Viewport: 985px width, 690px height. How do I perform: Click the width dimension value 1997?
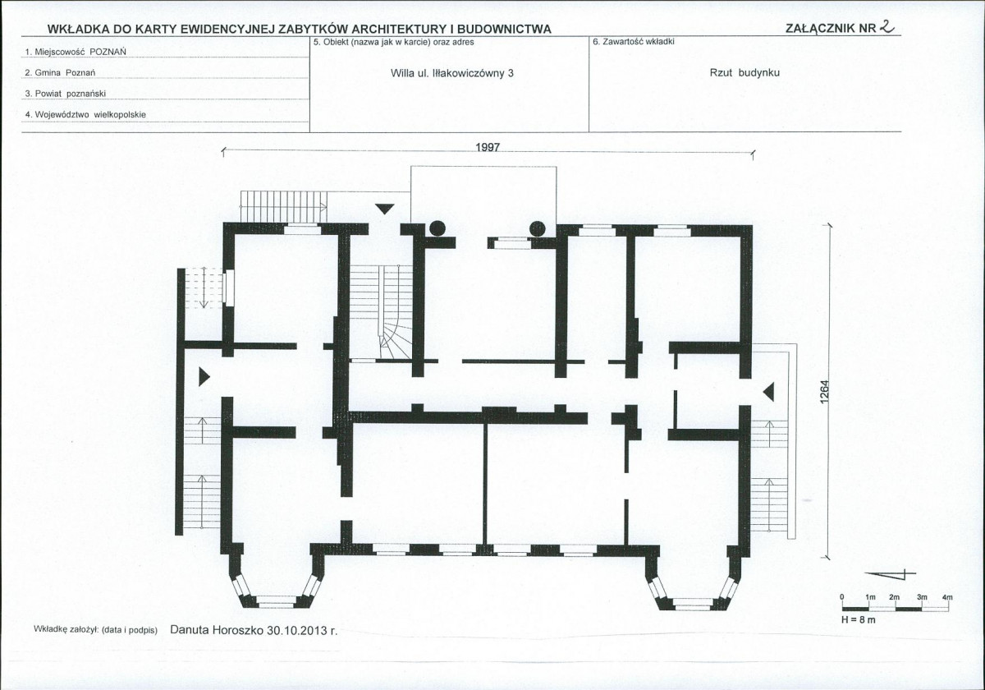click(488, 147)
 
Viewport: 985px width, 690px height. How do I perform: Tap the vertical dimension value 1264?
click(824, 391)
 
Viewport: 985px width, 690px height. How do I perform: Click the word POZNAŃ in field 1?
click(108, 52)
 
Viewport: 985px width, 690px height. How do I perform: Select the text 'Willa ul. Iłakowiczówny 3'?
click(452, 73)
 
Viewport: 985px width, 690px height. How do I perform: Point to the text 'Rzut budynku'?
click(744, 72)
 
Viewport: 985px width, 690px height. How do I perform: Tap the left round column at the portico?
click(438, 228)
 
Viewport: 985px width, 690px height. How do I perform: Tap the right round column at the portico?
click(538, 228)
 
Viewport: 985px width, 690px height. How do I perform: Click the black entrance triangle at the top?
click(385, 209)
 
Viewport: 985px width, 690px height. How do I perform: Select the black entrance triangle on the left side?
click(204, 377)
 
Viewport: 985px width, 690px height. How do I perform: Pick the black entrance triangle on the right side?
click(768, 392)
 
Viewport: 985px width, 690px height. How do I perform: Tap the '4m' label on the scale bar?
click(947, 597)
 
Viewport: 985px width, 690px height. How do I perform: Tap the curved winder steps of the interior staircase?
click(396, 341)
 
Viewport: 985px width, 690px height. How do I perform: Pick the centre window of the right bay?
click(692, 603)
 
